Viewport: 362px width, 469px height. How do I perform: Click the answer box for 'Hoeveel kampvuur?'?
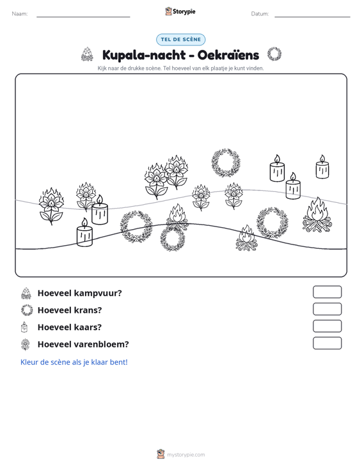tap(327, 292)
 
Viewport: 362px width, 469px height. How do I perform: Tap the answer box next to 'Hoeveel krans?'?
tap(327, 309)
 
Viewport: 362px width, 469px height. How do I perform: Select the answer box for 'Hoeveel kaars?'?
tap(327, 326)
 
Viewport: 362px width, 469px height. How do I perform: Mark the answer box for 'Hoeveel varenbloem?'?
tap(327, 343)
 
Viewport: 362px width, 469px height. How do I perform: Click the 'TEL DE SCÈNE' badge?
tap(181, 40)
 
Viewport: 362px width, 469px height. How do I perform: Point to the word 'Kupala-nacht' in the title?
tap(144, 55)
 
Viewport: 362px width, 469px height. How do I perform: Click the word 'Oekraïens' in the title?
tap(228, 55)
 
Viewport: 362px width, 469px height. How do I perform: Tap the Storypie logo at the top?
tap(180, 12)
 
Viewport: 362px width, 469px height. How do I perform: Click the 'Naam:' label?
tap(20, 14)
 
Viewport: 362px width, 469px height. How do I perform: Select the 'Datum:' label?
tap(260, 14)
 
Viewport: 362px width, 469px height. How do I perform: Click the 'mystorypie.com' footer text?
tap(186, 455)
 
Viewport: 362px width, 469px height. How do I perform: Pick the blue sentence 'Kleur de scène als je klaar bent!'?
tap(74, 362)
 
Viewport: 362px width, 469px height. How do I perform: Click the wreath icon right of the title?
tap(274, 54)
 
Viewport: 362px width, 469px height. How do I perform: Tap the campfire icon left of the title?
tap(87, 54)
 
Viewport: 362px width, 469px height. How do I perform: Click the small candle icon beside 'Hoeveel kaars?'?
tap(24, 327)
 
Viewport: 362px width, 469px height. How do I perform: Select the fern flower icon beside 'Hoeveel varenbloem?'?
tap(26, 344)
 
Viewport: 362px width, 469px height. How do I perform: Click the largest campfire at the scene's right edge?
tap(317, 215)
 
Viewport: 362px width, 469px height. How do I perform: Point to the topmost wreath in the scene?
tap(226, 163)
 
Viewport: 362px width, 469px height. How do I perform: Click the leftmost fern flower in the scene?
tap(51, 206)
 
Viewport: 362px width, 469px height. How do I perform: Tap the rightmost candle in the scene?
tap(322, 167)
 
